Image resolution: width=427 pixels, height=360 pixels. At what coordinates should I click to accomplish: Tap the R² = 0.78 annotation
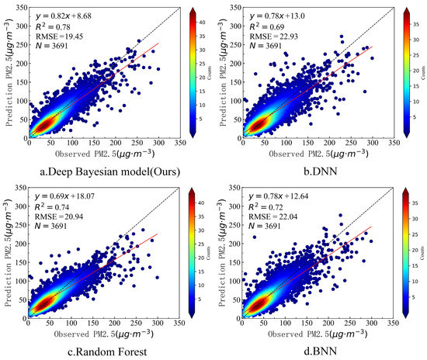50,24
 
